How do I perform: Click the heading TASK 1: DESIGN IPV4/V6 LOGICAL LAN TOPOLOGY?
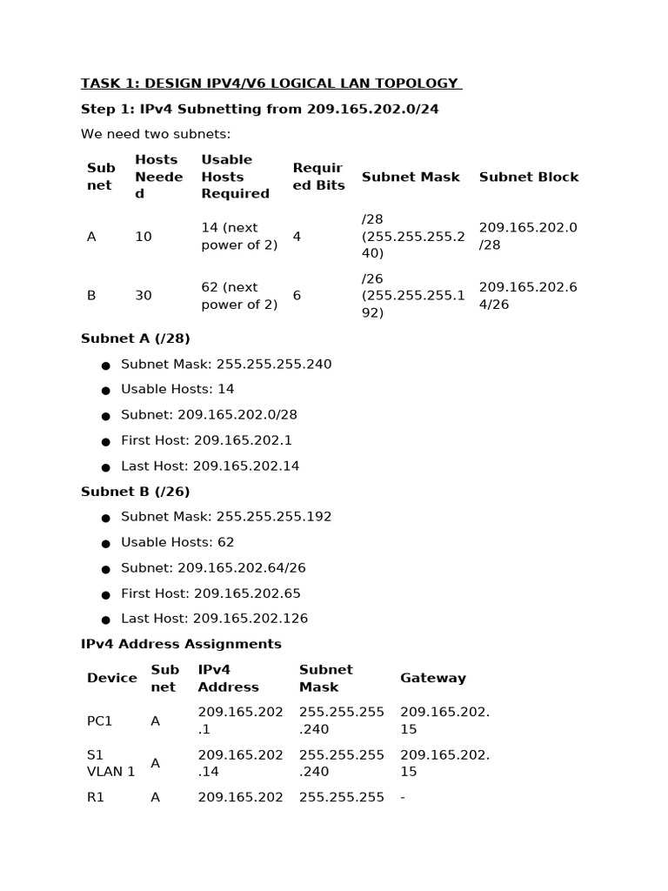(270, 84)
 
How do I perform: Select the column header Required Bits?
(318, 177)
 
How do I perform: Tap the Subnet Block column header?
(528, 177)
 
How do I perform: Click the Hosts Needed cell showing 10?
(144, 237)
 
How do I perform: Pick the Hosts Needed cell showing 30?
(144, 296)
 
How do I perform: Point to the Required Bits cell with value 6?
(297, 296)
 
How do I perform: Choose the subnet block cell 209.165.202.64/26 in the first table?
(528, 296)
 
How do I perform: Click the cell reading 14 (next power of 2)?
(239, 237)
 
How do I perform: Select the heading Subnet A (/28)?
(135, 338)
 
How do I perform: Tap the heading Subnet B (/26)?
(135, 492)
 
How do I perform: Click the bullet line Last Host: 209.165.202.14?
(210, 466)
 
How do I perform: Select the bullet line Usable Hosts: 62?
(177, 542)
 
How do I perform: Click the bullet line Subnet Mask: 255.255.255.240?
(226, 365)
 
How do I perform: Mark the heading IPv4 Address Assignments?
(181, 644)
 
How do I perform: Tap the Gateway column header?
(433, 678)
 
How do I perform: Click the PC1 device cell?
(100, 721)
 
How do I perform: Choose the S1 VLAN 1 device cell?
(110, 763)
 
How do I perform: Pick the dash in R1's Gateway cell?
(403, 797)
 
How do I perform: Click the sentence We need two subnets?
(156, 134)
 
